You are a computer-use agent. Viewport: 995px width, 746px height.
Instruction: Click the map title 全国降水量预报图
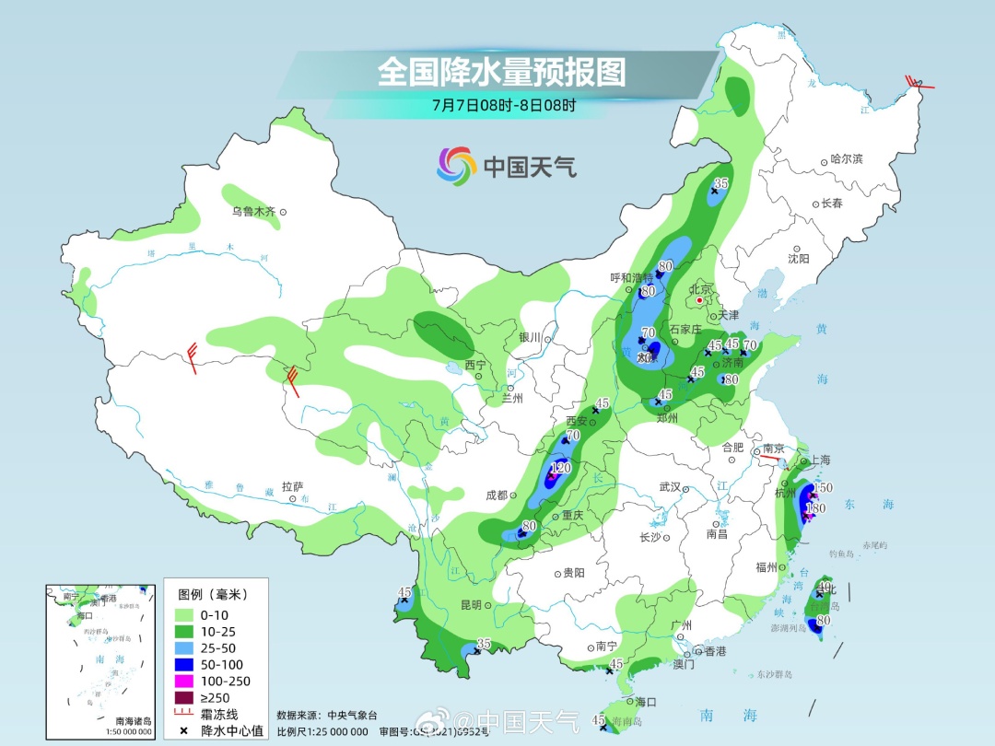tap(501, 72)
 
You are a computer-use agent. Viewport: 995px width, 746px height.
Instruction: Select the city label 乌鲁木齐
tap(253, 212)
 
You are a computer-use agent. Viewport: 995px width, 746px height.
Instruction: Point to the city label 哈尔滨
tap(846, 159)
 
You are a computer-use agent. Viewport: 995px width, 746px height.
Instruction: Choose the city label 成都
tap(497, 495)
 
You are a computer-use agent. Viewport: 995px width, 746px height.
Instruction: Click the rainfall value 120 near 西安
tap(561, 468)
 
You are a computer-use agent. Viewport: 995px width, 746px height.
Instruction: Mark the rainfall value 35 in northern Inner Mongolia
tap(721, 183)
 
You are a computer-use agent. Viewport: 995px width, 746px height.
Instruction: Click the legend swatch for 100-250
tap(184, 681)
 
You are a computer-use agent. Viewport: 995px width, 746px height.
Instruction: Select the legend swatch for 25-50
tap(184, 647)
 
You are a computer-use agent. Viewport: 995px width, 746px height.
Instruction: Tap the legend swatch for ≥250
tap(184, 697)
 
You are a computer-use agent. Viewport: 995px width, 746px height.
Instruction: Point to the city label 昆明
tap(470, 605)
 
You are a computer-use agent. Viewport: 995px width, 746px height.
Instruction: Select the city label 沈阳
tap(799, 259)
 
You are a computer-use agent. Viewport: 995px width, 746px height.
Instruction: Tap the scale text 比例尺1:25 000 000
tap(322, 731)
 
